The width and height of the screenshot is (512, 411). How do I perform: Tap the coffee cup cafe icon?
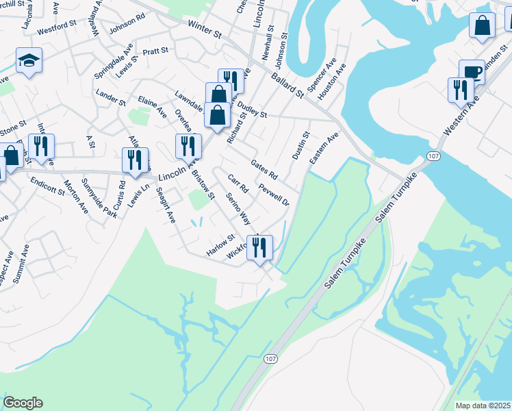point(472,72)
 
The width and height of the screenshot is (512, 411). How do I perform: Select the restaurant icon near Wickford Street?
point(259,247)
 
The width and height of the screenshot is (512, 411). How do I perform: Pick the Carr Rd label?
point(237,184)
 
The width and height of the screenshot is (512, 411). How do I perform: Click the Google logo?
point(23,403)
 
